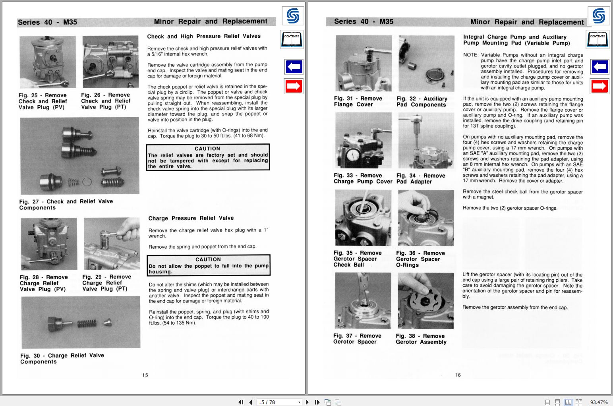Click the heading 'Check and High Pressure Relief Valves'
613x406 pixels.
[204, 36]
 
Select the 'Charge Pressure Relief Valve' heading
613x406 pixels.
[191, 218]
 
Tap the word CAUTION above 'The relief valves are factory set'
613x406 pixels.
[207, 149]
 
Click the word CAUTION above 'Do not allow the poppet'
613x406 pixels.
[208, 259]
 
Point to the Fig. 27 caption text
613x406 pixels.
[66, 205]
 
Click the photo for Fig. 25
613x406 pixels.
[48, 62]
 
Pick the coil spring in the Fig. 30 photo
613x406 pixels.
[87, 323]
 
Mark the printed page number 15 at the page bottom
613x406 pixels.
[145, 375]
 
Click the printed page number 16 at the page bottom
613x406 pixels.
[458, 375]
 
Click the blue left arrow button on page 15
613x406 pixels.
[294, 67]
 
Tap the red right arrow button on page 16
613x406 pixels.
[599, 86]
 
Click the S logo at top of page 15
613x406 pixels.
[293, 16]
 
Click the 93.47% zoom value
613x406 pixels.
[599, 402]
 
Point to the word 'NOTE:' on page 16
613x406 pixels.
[471, 55]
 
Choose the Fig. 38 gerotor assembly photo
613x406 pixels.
[425, 301]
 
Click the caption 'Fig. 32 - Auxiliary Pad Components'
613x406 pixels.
[422, 102]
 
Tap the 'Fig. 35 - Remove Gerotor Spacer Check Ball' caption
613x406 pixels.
[357, 259]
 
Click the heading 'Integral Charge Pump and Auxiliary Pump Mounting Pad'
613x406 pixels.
[516, 40]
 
